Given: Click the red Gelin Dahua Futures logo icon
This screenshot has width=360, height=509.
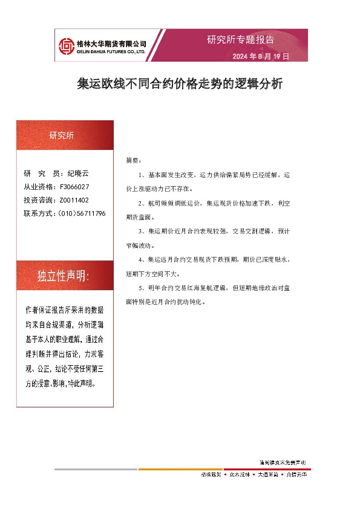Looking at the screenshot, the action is point(65,46).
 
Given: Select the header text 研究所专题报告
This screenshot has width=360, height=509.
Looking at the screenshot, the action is point(240,40).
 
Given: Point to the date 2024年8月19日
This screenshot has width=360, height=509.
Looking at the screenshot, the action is point(261,56).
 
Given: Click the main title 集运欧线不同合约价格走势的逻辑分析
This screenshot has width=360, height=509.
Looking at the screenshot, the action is point(180,83).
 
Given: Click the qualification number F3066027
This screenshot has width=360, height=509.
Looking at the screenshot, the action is point(75,187).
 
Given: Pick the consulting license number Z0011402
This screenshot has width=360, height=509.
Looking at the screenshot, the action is point(74,200).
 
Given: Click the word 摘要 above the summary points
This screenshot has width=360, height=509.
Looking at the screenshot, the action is point(133,160).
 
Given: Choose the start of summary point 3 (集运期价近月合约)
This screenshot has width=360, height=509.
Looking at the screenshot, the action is point(163,232).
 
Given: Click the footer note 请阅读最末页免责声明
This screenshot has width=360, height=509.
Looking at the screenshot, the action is point(283,462).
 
